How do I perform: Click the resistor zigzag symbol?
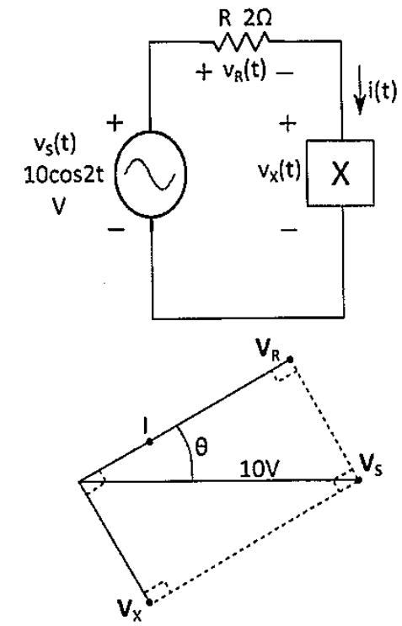242,41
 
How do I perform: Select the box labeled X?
340,173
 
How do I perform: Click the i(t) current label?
383,91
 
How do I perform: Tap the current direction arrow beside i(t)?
361,90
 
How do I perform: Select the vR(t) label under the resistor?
244,72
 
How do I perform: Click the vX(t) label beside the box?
279,172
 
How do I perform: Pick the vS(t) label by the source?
54,145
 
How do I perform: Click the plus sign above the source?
115,123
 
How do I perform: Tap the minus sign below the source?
116,229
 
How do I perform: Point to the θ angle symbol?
202,447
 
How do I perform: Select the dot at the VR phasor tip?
290,360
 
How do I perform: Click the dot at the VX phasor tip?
149,602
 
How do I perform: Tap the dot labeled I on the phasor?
149,442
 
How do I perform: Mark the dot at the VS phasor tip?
358,480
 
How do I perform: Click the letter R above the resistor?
225,19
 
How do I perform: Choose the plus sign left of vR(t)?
204,72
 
